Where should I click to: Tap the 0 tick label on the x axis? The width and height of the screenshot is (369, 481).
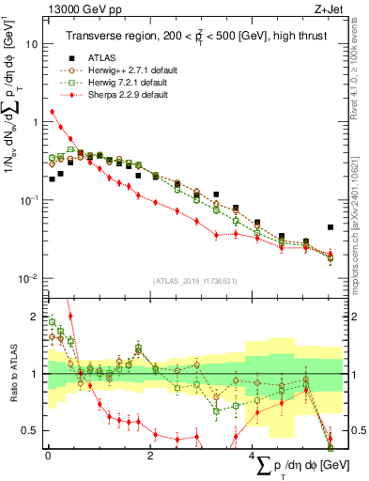tap(48, 456)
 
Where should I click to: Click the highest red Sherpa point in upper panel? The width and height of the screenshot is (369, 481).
tap(52, 112)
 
